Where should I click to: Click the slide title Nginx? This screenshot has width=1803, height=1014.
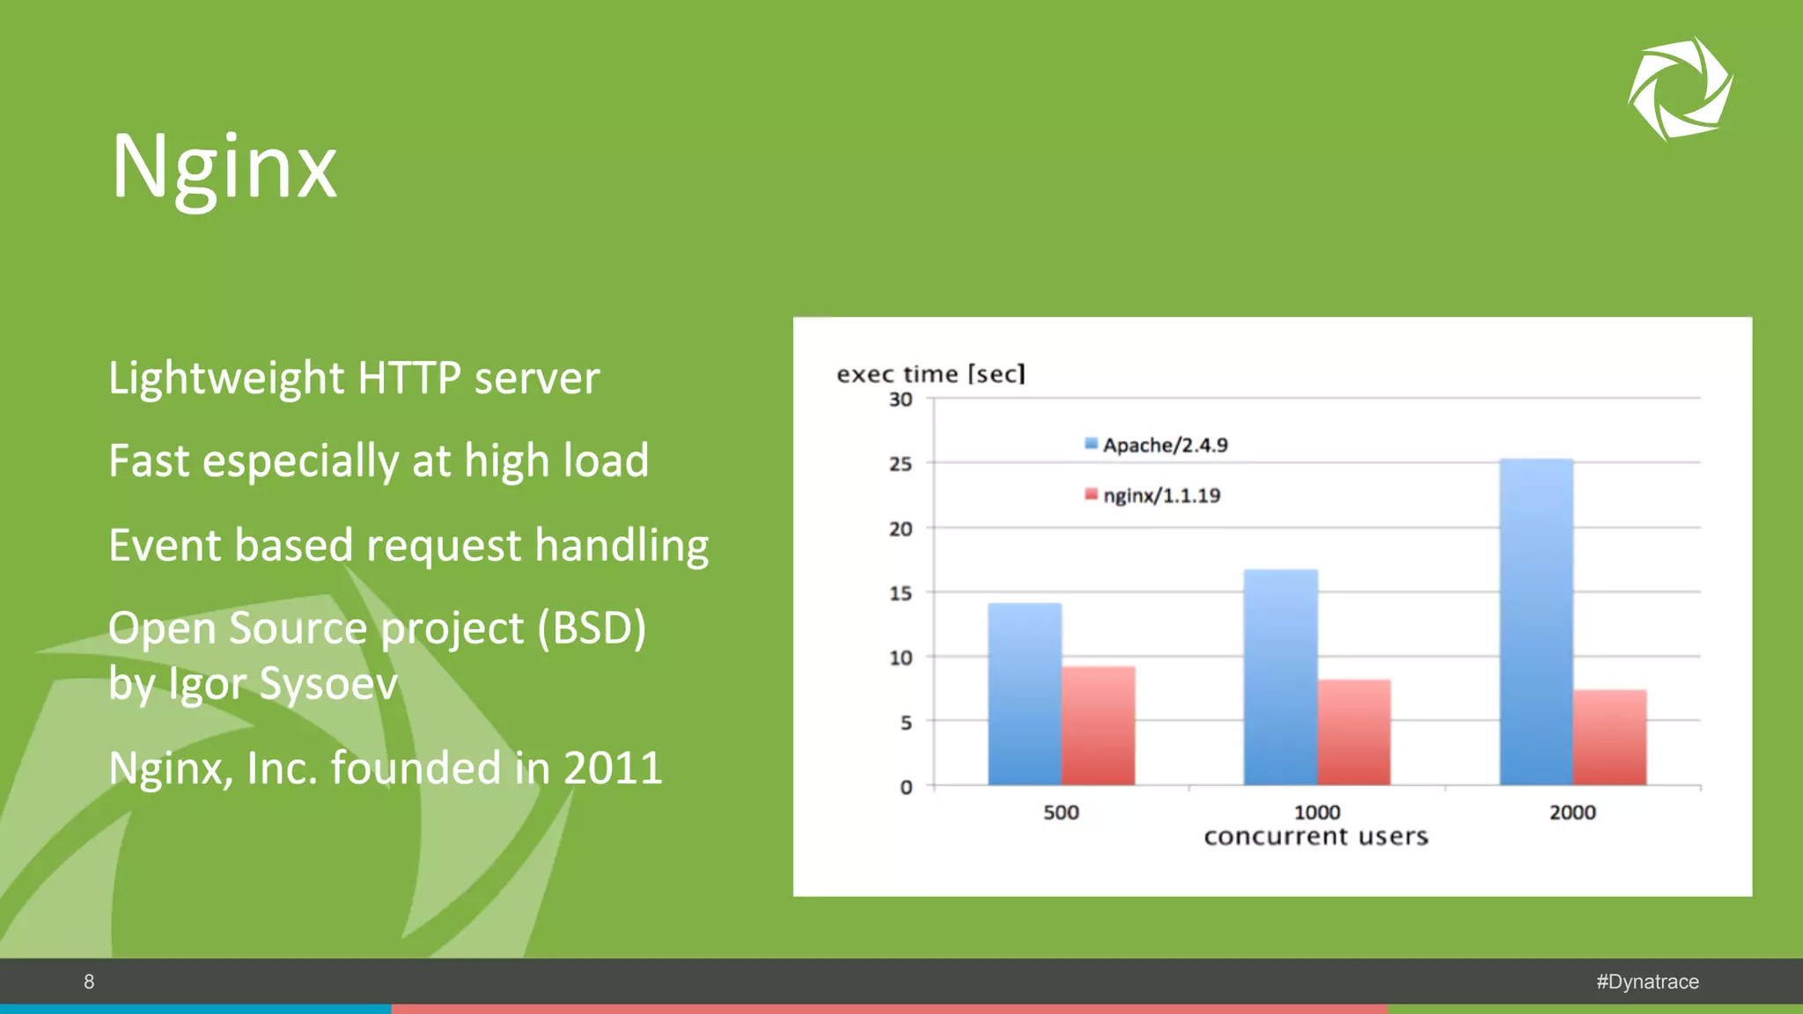coord(224,167)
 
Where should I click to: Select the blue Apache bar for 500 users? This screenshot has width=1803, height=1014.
coord(1024,695)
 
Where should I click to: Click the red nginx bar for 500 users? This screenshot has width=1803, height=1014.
coord(1098,726)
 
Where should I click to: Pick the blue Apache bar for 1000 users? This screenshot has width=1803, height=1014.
coord(1280,678)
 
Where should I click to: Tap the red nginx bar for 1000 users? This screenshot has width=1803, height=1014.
coord(1354,732)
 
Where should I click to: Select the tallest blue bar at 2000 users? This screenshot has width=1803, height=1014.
coord(1536,621)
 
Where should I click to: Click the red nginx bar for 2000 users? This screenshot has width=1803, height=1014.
coord(1609,738)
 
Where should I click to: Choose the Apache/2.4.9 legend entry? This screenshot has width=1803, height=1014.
coord(1156,445)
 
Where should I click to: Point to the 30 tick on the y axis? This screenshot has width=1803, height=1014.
coord(900,400)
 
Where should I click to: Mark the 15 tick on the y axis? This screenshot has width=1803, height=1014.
coord(900,593)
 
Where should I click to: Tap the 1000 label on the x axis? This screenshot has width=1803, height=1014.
coord(1316,812)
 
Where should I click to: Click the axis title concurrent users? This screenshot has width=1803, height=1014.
coord(1315,836)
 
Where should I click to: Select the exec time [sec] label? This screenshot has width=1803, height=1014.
coord(931,374)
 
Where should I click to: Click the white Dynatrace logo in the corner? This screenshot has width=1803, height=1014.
coord(1680,88)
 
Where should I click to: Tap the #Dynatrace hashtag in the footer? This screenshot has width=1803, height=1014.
coord(1647,981)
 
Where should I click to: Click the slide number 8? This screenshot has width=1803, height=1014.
coord(89,981)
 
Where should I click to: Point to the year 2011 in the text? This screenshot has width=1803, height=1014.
coord(613,768)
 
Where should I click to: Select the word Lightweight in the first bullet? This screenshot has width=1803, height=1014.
coord(226,378)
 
